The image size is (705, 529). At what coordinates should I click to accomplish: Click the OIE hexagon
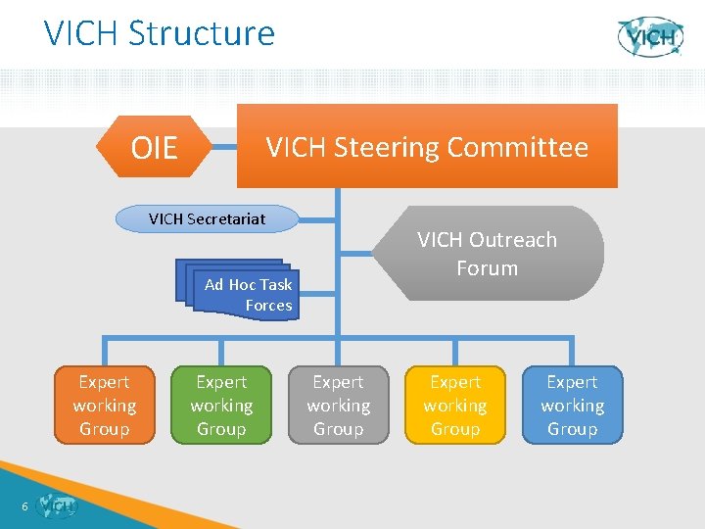tap(155, 147)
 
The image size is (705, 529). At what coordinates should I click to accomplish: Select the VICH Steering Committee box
tap(427, 147)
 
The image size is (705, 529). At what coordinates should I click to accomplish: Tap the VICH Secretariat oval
tap(207, 218)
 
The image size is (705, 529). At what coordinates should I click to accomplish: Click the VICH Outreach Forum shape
tap(487, 254)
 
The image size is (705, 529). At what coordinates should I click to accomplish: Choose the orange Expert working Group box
tap(104, 406)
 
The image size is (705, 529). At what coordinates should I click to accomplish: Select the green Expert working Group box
tap(221, 406)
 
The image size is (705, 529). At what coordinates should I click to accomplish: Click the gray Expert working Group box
tap(338, 406)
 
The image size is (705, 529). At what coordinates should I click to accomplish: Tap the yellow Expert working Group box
tap(455, 406)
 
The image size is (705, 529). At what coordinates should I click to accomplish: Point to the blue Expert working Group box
tap(572, 406)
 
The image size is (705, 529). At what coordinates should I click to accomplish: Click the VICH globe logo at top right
tap(650, 37)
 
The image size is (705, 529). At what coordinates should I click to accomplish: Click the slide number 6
tap(23, 506)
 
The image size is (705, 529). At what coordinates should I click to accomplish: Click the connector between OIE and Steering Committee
tap(225, 148)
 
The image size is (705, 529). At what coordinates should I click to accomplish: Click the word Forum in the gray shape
tap(487, 268)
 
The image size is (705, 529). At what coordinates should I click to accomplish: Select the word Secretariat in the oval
tap(232, 218)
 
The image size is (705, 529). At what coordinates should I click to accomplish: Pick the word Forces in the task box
tap(268, 306)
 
